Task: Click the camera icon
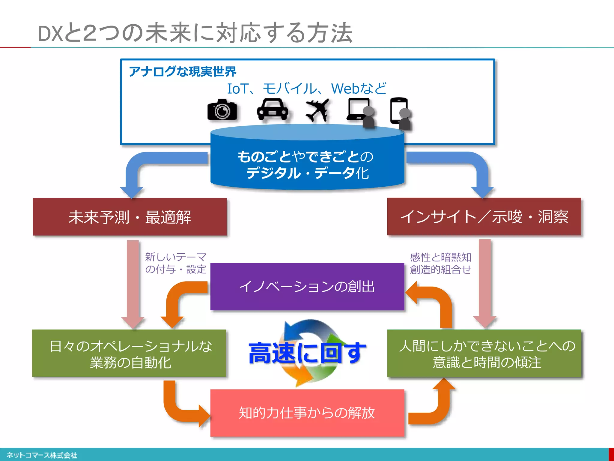(x=222, y=110)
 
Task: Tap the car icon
(x=272, y=110)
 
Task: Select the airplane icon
(x=317, y=111)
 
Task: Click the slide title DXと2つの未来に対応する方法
(x=195, y=33)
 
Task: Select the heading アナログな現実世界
(x=183, y=71)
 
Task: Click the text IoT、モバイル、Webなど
(x=307, y=89)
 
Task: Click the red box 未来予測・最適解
(x=130, y=217)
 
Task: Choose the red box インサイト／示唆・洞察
(x=484, y=217)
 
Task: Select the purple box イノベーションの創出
(x=307, y=287)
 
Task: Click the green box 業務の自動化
(x=129, y=354)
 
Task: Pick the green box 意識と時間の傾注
(x=484, y=354)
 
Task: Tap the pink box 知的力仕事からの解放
(x=307, y=413)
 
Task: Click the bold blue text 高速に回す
(x=307, y=353)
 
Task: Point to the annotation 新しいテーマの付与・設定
(x=176, y=263)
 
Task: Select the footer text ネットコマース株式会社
(x=42, y=455)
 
